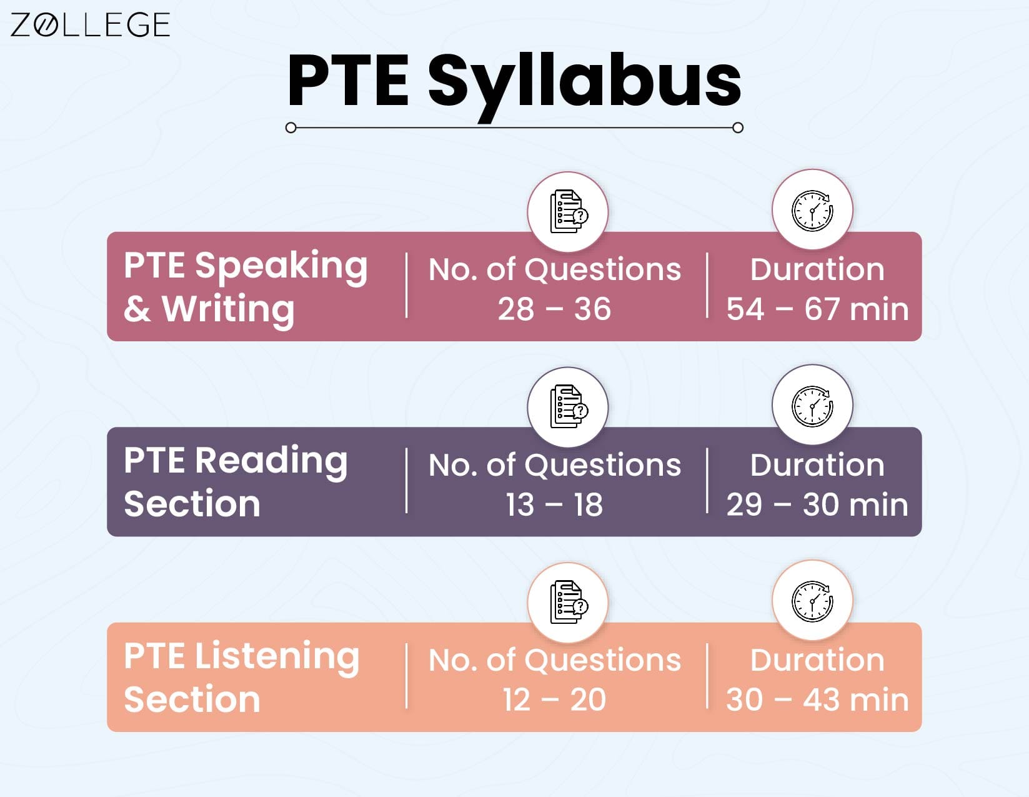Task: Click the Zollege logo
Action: pos(90,25)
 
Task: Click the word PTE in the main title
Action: pos(347,81)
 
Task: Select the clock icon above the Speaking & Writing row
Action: pos(812,210)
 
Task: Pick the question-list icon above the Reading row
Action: pos(568,407)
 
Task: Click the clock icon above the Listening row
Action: pos(812,601)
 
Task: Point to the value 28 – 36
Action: pos(554,309)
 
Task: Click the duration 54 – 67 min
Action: pos(817,309)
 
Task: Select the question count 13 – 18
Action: pos(554,504)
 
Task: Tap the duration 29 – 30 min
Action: pos(817,504)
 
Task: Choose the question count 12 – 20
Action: pos(554,699)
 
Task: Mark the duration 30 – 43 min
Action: pos(817,699)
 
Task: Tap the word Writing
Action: pos(228,309)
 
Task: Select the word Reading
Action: pos(271,461)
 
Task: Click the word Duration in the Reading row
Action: pos(817,465)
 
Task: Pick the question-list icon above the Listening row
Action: pos(568,603)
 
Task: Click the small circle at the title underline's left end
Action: pos(291,128)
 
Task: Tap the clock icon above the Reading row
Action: pos(812,405)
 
